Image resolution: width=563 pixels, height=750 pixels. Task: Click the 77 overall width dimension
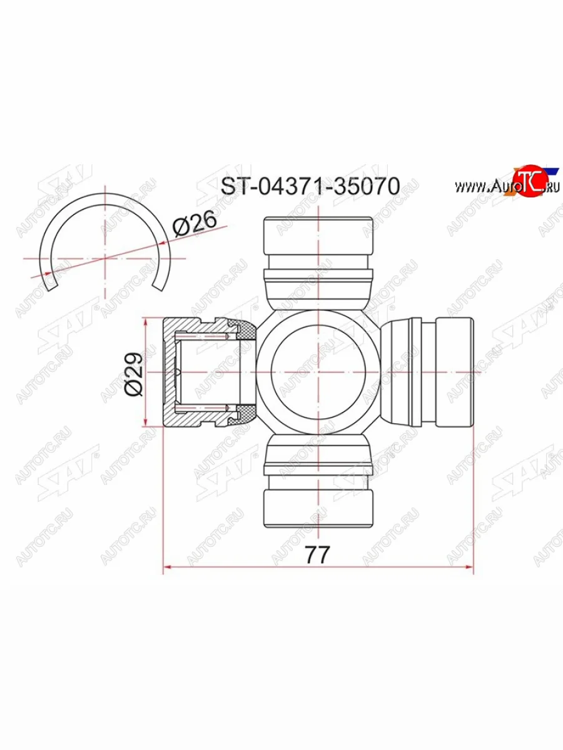318,554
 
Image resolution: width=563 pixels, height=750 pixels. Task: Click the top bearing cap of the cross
318,235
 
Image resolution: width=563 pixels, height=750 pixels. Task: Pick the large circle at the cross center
318,372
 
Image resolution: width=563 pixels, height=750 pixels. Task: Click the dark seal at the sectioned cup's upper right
241,327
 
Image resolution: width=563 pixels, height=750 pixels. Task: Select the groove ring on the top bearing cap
318,273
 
